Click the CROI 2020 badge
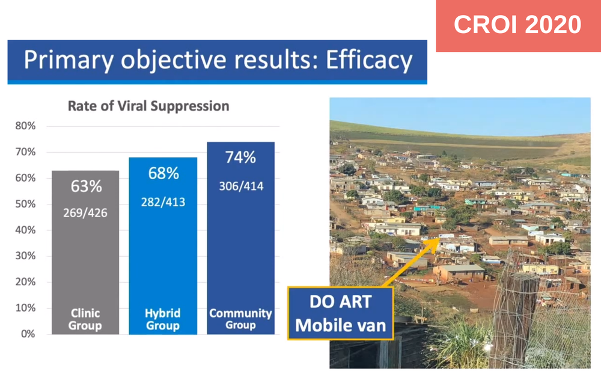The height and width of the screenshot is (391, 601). tap(518, 25)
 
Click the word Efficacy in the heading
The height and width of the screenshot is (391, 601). tap(369, 60)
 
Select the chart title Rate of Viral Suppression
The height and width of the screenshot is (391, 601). tap(148, 105)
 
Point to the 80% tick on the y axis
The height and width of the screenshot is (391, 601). tap(25, 126)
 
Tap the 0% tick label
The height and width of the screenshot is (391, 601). tap(28, 334)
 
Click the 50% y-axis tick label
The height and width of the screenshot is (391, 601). tap(25, 204)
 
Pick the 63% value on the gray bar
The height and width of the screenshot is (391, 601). tap(86, 186)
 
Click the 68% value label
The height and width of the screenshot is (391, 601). tap(163, 173)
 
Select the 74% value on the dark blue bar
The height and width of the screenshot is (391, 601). tap(240, 158)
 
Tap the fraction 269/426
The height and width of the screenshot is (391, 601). tap(85, 213)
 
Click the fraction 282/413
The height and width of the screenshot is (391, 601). tap(163, 202)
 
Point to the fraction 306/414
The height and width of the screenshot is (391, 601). tap(241, 186)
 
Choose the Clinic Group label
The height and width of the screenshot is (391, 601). tap(85, 319)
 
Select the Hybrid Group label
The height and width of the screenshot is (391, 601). tap(162, 319)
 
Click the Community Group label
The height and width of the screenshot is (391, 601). tap(240, 319)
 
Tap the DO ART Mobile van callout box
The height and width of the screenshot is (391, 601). tap(341, 313)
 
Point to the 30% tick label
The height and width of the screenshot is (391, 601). tap(25, 256)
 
